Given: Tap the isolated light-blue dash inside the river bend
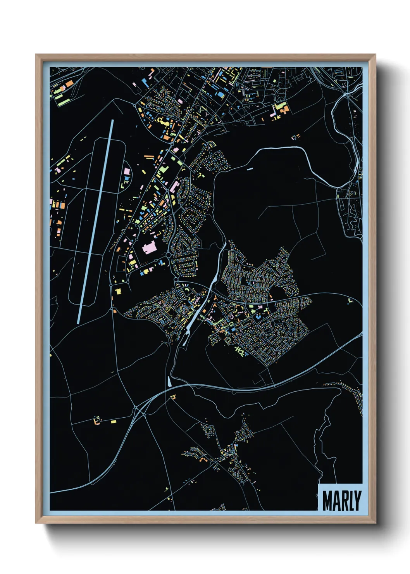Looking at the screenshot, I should click(x=249, y=169).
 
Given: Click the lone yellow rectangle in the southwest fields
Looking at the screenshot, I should click(x=114, y=421).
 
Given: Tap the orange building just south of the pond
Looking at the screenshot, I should click(x=173, y=397).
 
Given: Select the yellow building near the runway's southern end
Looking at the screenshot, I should click(x=118, y=290).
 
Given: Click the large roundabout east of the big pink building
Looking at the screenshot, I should click(x=169, y=256).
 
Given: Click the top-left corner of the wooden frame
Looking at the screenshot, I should click(x=36, y=55).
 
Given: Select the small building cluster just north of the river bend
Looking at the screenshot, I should click(x=296, y=137).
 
